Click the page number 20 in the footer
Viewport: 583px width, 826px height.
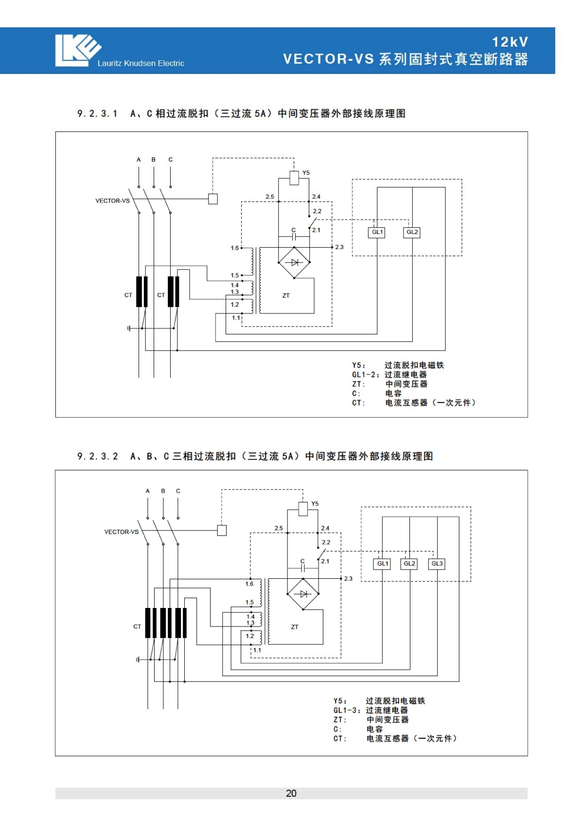pos(291,793)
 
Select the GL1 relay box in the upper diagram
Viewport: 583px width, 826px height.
pos(376,232)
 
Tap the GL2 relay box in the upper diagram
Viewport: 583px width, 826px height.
pos(412,232)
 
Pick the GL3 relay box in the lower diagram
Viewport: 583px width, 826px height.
pos(437,564)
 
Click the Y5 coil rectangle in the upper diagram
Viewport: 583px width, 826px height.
pos(294,178)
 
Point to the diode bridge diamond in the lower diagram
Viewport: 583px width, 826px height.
pos(303,594)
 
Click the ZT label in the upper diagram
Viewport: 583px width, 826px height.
pos(286,295)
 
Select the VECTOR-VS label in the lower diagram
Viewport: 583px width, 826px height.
pos(121,532)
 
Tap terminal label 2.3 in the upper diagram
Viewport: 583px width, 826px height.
pos(339,247)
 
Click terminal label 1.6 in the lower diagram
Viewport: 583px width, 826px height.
pos(249,584)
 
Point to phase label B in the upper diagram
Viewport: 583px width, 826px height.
pos(154,160)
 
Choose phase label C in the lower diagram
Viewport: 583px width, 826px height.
pos(178,491)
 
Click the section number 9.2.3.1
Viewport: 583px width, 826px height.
pos(97,113)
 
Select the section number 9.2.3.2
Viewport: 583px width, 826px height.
pos(98,456)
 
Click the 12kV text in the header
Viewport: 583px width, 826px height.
pos(510,42)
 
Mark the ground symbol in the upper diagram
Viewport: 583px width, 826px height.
pos(128,328)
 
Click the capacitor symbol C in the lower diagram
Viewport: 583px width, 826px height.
pos(303,568)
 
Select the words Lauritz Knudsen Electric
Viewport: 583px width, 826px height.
pos(141,63)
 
